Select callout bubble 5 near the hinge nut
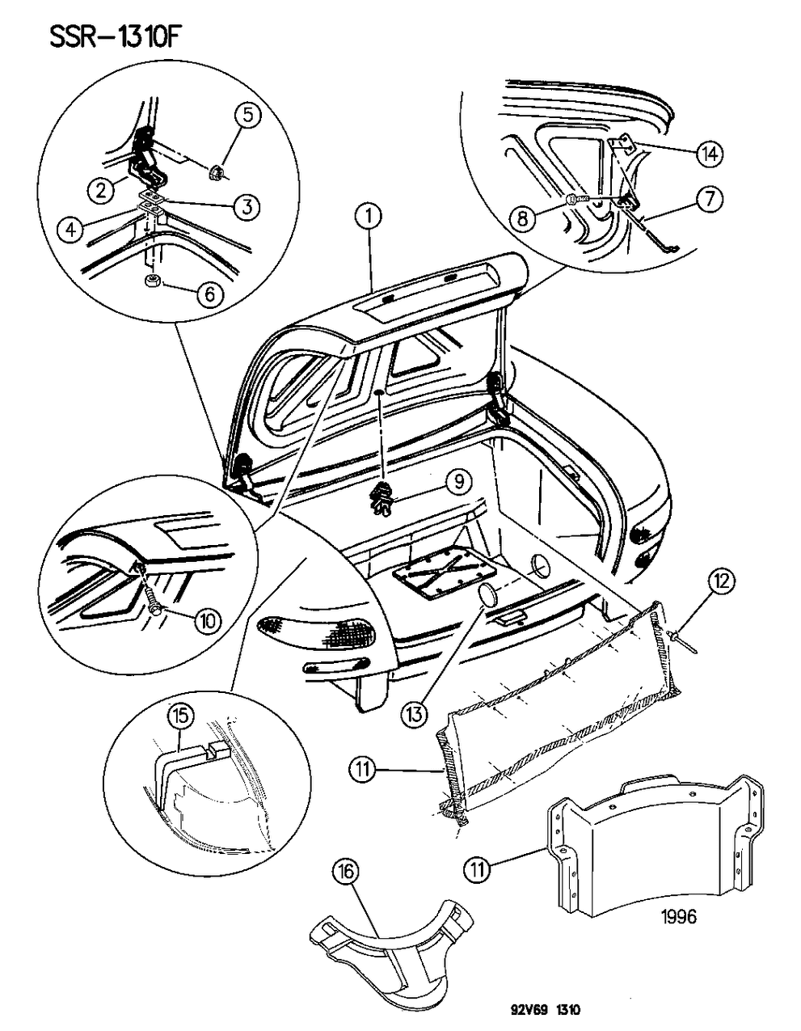tap(248, 115)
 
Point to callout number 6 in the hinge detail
tap(209, 294)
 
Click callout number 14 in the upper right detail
tap(710, 154)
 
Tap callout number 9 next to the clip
tap(457, 483)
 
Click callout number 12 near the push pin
tap(723, 580)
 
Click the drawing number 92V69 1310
tap(534, 1010)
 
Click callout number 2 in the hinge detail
tap(100, 191)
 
